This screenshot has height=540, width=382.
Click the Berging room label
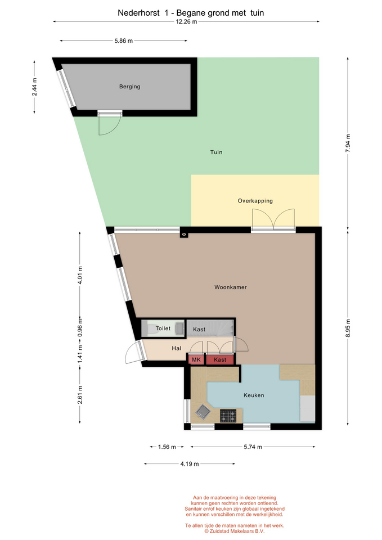130,87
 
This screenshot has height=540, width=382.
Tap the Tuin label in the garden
217,152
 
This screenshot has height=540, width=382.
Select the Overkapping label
255,201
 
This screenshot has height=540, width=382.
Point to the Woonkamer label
231,287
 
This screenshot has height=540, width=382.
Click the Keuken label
254,395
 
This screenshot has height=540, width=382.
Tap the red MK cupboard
196,359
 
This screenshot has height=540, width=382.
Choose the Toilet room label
163,328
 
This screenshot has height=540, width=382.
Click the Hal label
176,348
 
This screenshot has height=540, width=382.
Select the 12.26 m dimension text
186,22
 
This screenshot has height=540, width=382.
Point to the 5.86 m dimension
124,40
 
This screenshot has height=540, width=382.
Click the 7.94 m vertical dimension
348,143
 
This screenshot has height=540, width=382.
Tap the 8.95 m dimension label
348,328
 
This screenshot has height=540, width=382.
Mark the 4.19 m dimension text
190,464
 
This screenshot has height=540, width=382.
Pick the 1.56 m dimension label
167,447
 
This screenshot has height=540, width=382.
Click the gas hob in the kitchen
228,416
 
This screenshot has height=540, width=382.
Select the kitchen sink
203,411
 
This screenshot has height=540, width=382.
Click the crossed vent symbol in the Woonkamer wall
184,235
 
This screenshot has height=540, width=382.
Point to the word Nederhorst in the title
138,13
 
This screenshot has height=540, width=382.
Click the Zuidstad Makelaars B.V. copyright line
235,531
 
